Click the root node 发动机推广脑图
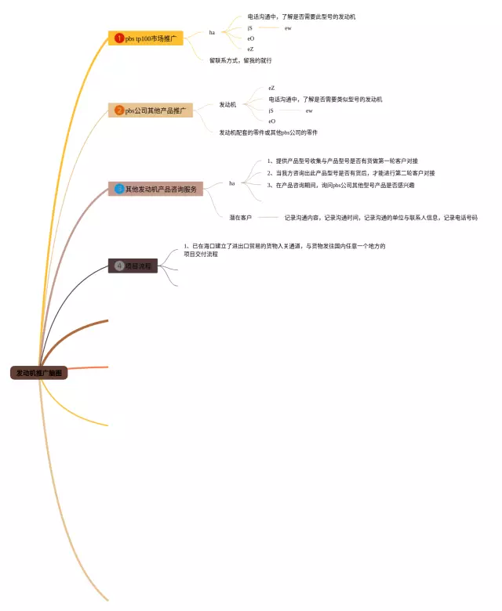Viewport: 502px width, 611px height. [x=39, y=373]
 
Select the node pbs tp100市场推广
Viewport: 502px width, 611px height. [x=150, y=38]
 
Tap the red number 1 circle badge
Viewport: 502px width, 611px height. [x=119, y=38]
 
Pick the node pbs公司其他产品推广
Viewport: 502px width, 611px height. [x=155, y=110]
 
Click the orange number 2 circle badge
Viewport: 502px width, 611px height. [x=119, y=110]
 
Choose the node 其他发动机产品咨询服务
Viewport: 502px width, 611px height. [x=160, y=189]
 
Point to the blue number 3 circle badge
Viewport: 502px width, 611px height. [x=119, y=189]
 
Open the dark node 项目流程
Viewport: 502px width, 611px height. [x=137, y=266]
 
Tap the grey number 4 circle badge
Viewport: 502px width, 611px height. [x=119, y=266]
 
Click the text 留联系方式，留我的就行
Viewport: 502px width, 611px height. [x=241, y=60]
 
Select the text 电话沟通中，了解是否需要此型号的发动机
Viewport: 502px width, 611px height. [x=301, y=16]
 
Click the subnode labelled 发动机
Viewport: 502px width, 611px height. [x=227, y=104]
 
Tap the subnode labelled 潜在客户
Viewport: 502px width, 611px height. [x=241, y=217]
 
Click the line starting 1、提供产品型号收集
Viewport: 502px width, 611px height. [x=342, y=161]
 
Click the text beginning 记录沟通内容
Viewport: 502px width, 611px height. [x=380, y=217]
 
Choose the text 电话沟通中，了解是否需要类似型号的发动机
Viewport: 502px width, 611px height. [x=325, y=99]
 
